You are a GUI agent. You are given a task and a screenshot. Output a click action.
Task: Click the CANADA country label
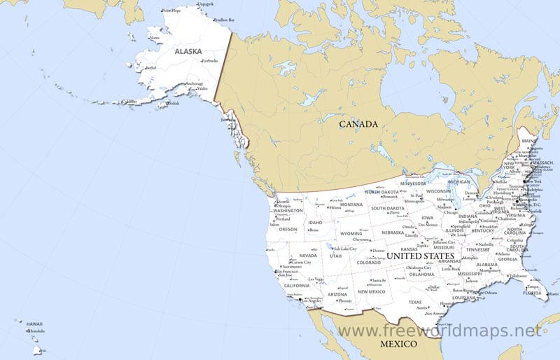(358, 124)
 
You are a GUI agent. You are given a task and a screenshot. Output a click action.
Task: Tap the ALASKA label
(188, 51)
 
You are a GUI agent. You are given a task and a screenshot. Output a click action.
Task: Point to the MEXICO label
(398, 344)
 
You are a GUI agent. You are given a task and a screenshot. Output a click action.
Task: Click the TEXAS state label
(416, 302)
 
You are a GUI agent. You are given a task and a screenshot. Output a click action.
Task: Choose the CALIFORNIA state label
(296, 286)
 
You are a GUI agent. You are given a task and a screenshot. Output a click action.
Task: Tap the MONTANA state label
(351, 205)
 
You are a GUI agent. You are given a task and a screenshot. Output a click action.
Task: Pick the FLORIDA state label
(532, 293)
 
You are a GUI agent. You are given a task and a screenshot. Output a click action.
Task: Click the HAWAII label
(34, 324)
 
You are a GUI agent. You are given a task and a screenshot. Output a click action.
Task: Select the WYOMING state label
(351, 233)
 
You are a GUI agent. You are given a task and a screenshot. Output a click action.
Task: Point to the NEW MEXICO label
(372, 292)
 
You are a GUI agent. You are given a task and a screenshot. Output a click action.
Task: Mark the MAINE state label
(528, 141)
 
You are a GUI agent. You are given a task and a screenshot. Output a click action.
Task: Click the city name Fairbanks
(210, 61)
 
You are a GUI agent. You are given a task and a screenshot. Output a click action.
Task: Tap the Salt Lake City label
(345, 249)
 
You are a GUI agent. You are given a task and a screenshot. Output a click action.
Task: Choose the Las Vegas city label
(316, 279)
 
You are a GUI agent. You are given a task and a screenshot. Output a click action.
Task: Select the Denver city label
(379, 250)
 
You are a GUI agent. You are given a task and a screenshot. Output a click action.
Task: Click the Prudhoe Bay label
(225, 20)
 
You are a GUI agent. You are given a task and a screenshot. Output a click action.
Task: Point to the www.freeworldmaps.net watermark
(439, 330)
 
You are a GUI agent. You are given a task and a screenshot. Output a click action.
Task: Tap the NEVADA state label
(308, 256)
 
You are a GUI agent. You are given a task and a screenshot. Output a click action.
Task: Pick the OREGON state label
(288, 229)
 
